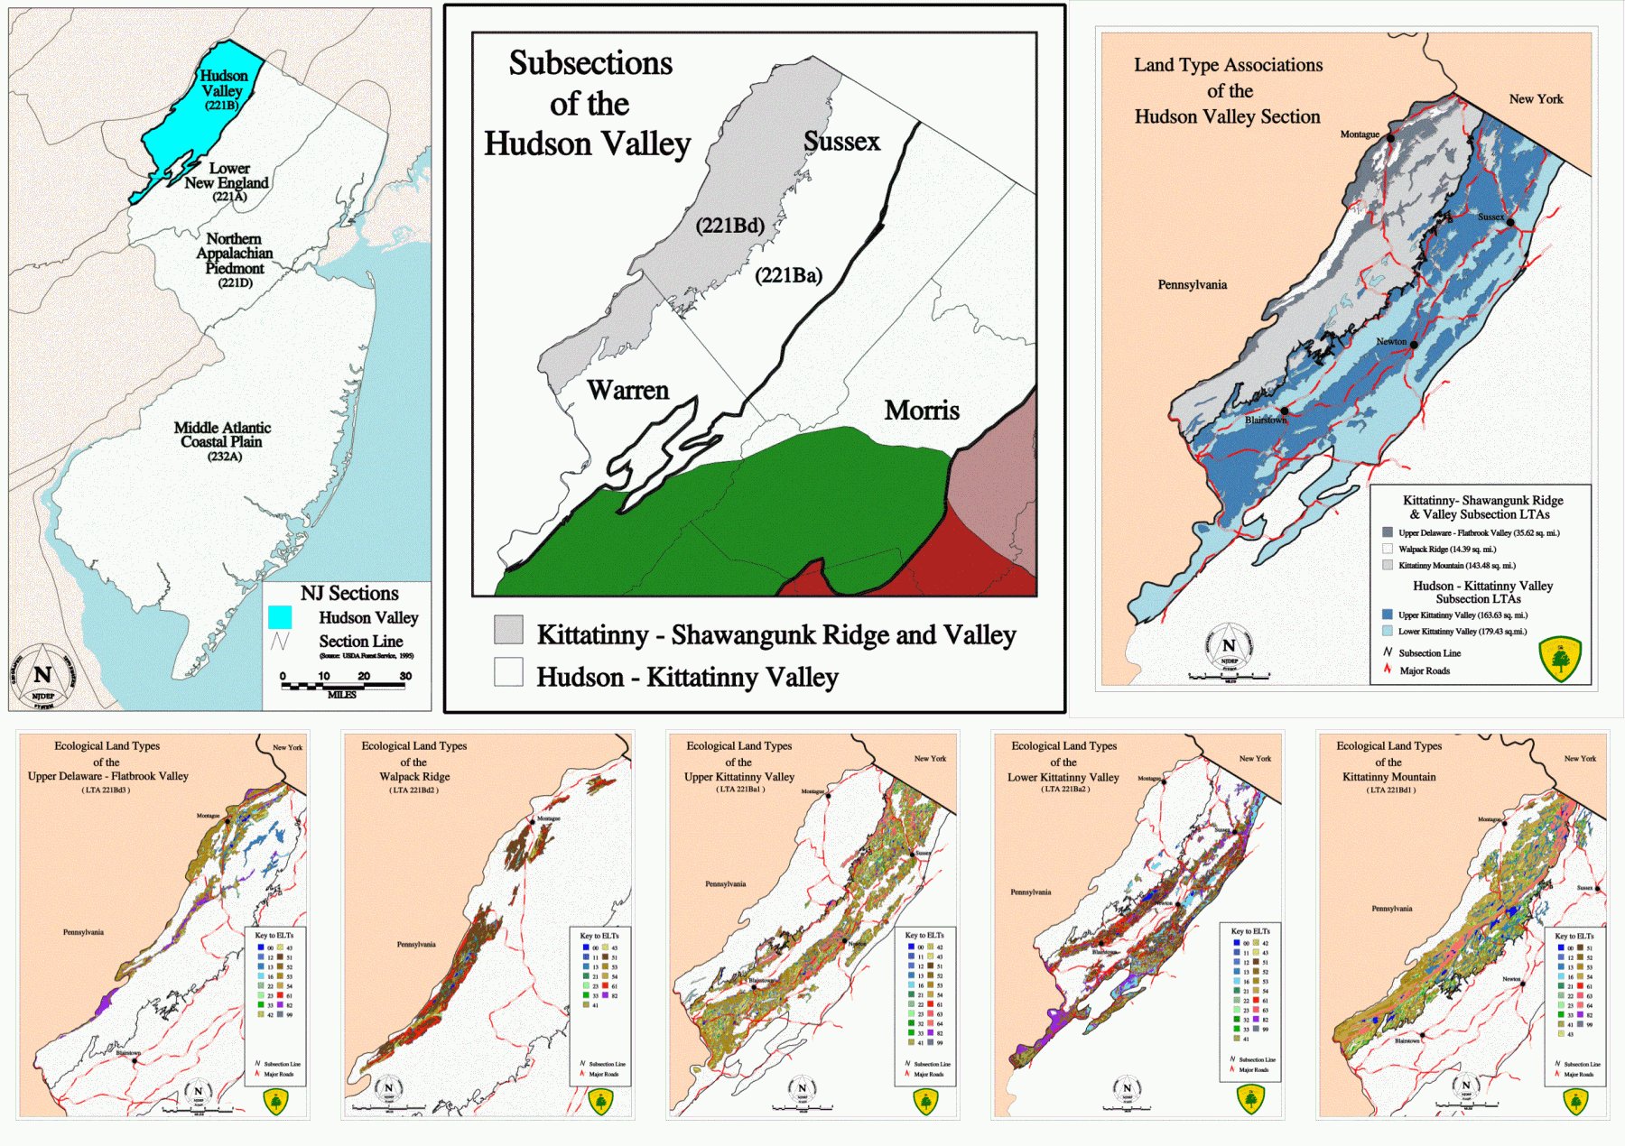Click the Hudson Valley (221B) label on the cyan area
(x=222, y=89)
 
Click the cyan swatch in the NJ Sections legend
(x=280, y=617)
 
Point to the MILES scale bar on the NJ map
(x=343, y=686)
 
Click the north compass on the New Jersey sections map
(x=42, y=677)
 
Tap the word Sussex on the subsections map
(x=841, y=142)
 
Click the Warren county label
(x=627, y=390)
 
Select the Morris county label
(x=921, y=411)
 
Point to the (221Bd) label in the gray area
(x=729, y=226)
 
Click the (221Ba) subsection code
(x=788, y=275)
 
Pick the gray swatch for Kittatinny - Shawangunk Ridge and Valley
(x=508, y=630)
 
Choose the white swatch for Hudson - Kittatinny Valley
(x=508, y=672)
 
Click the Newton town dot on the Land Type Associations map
(x=1414, y=345)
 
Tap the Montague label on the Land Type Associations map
(x=1359, y=134)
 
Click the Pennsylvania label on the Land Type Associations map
(x=1192, y=284)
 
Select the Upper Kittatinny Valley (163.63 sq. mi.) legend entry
(x=1462, y=615)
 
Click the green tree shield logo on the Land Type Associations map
(x=1559, y=659)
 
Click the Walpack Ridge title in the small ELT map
(x=414, y=776)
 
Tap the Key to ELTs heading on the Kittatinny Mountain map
(x=1574, y=936)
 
